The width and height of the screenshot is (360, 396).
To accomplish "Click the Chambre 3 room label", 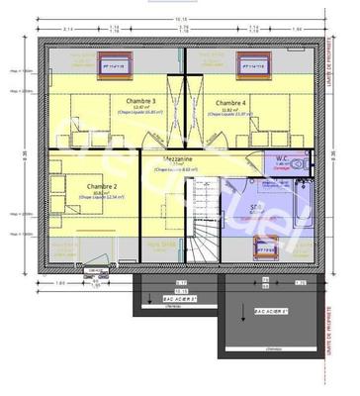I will (140, 102).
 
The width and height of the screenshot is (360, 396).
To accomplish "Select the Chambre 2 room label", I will (102, 186).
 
